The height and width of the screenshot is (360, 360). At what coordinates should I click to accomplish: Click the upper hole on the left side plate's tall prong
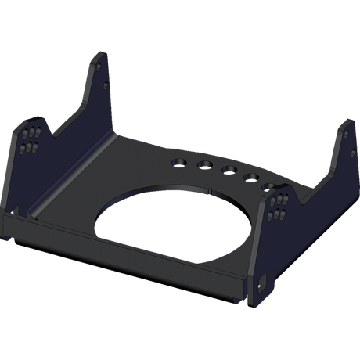[x=103, y=67]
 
